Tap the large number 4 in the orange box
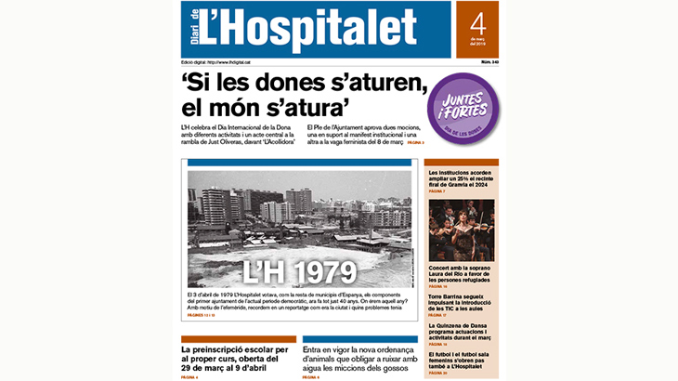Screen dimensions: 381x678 pyautogui.click(x=477, y=24)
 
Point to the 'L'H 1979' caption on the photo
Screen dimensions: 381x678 pyautogui.click(x=299, y=270)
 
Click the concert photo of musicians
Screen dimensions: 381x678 pyautogui.click(x=461, y=230)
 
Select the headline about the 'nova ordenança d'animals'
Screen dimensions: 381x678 pyautogui.click(x=360, y=359)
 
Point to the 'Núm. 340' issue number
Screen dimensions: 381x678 pyautogui.click(x=488, y=61)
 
